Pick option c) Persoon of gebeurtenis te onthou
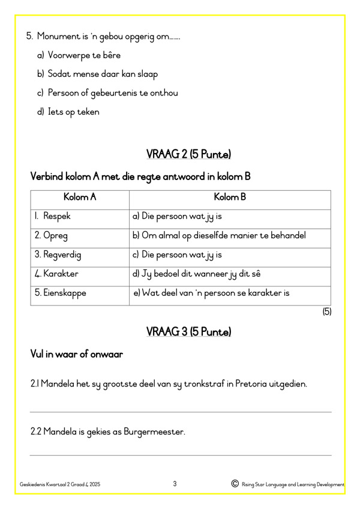click(112, 93)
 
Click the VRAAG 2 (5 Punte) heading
click(189, 154)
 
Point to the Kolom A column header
click(80, 197)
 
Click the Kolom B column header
click(230, 197)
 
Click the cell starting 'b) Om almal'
click(219, 236)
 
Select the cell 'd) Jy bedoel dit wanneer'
click(196, 274)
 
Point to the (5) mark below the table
click(326, 312)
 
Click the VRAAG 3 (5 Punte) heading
click(189, 332)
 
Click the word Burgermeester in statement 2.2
click(152, 432)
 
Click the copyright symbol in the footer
click(234, 484)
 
